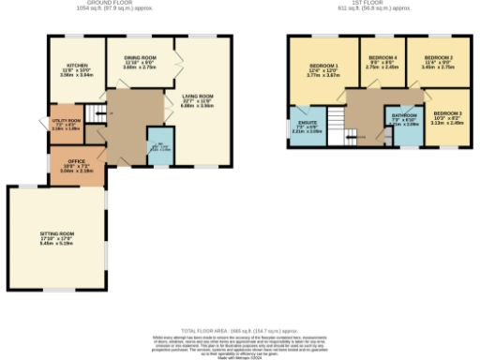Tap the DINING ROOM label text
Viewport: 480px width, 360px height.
point(140,58)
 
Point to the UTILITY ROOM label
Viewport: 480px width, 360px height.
point(66,122)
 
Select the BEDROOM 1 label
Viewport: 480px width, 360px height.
point(322,66)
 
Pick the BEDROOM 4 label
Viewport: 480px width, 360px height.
point(382,58)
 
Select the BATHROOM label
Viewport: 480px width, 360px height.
point(404,116)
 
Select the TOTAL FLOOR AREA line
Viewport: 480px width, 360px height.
point(240,331)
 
